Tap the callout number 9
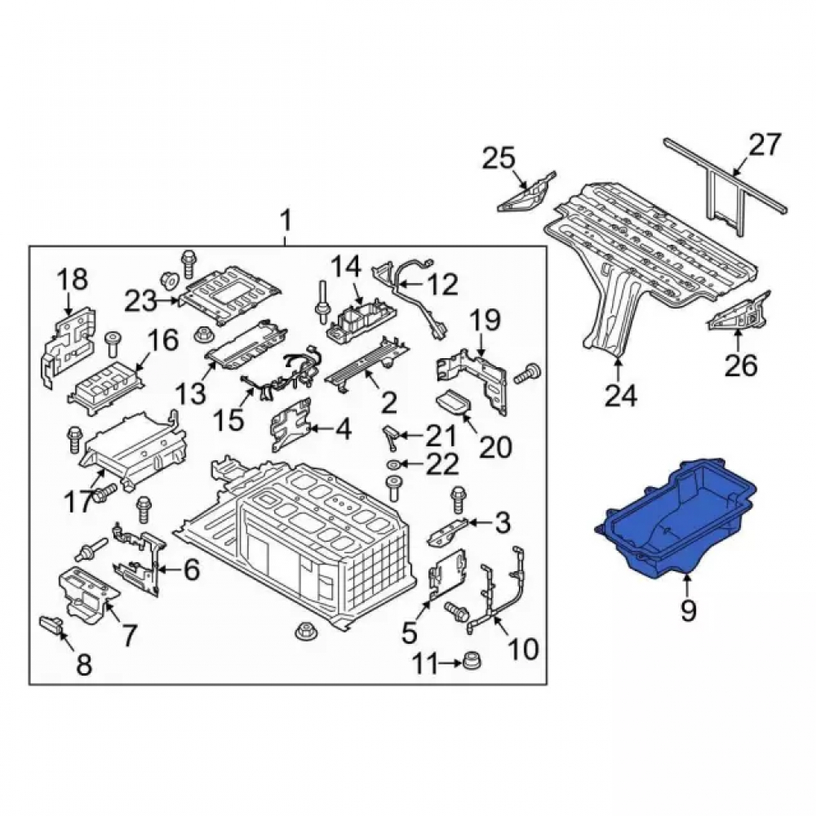click(x=688, y=609)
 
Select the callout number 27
click(x=765, y=145)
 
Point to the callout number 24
click(x=621, y=396)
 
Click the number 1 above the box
click(x=285, y=223)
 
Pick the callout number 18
click(x=73, y=281)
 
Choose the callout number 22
click(x=442, y=463)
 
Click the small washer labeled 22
click(x=393, y=463)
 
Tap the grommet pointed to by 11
click(x=472, y=661)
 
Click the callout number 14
click(x=346, y=268)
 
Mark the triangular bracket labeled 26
click(x=738, y=313)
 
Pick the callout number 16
click(x=163, y=341)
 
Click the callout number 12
click(x=441, y=284)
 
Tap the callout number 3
click(x=503, y=523)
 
